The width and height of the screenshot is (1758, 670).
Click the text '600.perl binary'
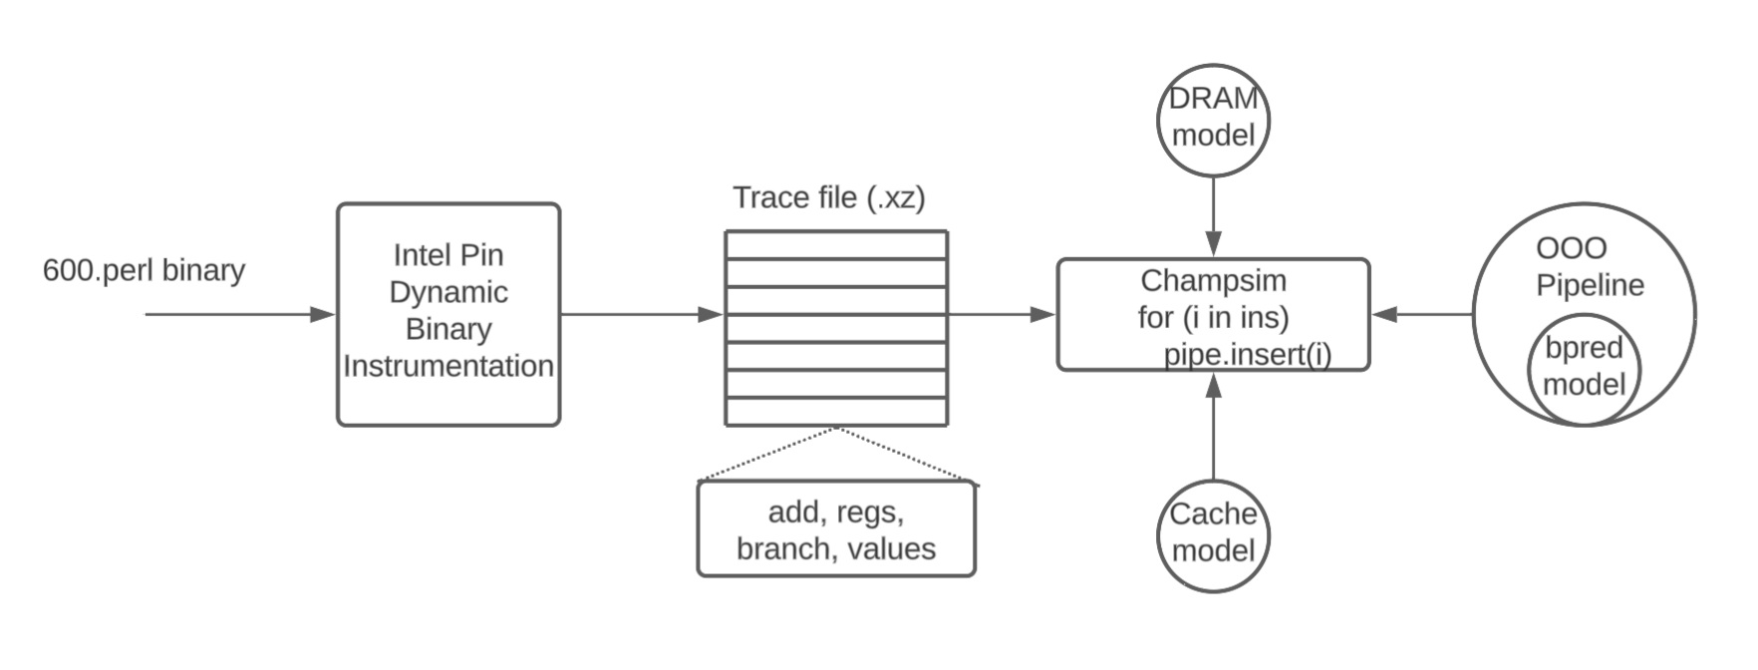point(144,271)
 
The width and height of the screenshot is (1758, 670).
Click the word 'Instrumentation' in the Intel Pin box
point(448,367)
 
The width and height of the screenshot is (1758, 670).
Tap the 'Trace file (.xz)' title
point(829,197)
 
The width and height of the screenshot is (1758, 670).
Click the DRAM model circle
point(1213,119)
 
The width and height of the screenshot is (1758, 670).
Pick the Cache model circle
point(1213,533)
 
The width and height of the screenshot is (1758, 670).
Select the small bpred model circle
point(1584,368)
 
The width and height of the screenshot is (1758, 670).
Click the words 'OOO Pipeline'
point(1589,267)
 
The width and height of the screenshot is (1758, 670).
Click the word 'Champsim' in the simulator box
point(1213,280)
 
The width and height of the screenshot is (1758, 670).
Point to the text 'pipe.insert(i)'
point(1248,355)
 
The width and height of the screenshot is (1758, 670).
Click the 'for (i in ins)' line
point(1213,318)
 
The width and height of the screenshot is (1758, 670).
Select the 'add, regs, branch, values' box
point(836,530)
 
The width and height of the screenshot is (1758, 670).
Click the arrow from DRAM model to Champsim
point(1213,214)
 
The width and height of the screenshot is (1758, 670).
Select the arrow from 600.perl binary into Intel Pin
point(239,315)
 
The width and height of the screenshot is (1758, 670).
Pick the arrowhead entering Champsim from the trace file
point(1042,315)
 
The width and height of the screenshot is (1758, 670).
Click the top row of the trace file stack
point(836,245)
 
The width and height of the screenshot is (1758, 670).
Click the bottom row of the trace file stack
point(836,412)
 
